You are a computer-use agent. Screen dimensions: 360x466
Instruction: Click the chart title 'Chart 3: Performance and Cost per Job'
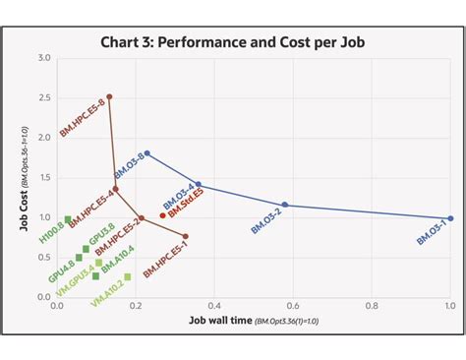(x=233, y=43)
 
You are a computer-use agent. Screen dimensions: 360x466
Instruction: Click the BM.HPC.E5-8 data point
(x=109, y=96)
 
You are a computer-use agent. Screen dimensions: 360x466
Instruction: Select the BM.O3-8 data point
(x=146, y=153)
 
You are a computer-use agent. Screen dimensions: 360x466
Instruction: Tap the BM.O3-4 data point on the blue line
(x=199, y=184)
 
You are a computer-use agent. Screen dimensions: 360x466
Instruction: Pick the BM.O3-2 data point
(x=285, y=205)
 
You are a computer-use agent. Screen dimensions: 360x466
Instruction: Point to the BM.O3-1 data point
(x=450, y=218)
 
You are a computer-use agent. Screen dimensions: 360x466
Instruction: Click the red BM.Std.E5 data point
(x=163, y=214)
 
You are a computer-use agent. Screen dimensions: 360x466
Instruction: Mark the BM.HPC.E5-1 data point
(x=185, y=236)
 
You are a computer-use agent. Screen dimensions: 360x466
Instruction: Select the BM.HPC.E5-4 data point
(x=116, y=189)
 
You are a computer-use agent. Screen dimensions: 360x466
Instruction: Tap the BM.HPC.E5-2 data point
(x=141, y=218)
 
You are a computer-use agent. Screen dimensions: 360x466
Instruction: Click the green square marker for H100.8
(x=68, y=219)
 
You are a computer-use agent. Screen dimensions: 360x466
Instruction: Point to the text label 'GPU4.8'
(x=61, y=270)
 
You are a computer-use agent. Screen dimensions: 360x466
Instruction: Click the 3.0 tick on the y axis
(x=44, y=58)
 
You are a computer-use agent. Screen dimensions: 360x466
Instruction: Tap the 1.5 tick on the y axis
(x=44, y=177)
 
